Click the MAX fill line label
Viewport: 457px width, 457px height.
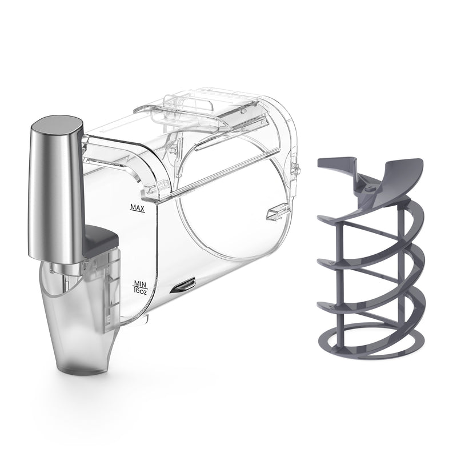[x=137, y=207]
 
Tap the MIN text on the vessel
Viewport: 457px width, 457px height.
[x=141, y=283]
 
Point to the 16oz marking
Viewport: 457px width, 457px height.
[x=140, y=291]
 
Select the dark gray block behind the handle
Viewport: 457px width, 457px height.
[x=102, y=238]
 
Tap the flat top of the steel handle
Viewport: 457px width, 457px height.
[x=57, y=124]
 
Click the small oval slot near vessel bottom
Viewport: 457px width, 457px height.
[x=183, y=286]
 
